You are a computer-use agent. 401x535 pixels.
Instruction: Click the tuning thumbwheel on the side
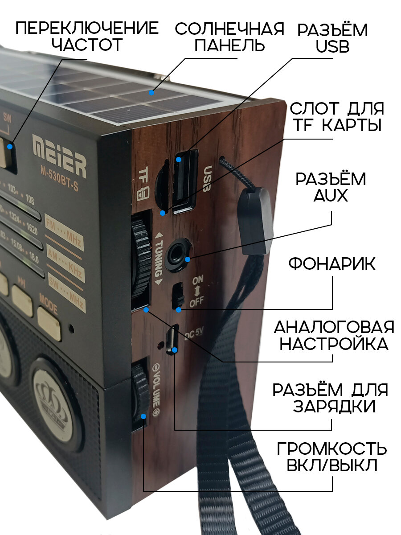click(x=141, y=263)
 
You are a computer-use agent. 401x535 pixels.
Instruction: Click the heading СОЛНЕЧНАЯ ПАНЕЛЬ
click(x=229, y=37)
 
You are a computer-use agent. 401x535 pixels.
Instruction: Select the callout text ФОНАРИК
click(x=331, y=264)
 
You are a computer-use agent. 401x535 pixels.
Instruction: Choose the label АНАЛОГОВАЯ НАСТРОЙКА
click(x=333, y=335)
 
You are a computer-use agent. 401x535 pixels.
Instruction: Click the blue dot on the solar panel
click(x=152, y=93)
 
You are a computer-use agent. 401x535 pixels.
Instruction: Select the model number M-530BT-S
click(x=58, y=184)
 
